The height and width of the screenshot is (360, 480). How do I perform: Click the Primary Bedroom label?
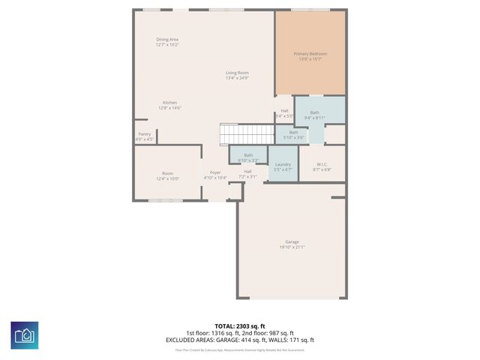pos(310,54)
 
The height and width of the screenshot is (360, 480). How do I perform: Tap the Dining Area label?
pos(167,39)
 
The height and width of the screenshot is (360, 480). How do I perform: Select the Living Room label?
pos(237,73)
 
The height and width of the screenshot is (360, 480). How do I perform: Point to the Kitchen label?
pos(170,103)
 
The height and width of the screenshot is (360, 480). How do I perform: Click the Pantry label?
pos(144,134)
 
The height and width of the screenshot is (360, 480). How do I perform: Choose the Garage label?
pos(292,241)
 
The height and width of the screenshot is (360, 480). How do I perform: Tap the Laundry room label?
pos(283,164)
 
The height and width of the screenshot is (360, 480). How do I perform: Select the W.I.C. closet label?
pos(322,164)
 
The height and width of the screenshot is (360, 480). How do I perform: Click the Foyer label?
pos(215,172)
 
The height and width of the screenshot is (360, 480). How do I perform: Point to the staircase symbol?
pos(247,135)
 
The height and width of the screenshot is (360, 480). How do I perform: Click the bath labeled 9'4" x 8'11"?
pos(314,112)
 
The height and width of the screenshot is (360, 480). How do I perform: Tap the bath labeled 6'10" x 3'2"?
pos(248,155)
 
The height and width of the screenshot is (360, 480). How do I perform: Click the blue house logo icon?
pos(24,334)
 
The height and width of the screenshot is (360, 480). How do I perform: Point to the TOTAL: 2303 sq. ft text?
pos(240,326)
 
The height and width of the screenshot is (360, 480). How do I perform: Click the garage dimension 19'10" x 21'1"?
pos(292,247)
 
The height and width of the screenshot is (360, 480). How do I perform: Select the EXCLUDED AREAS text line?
pos(240,339)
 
